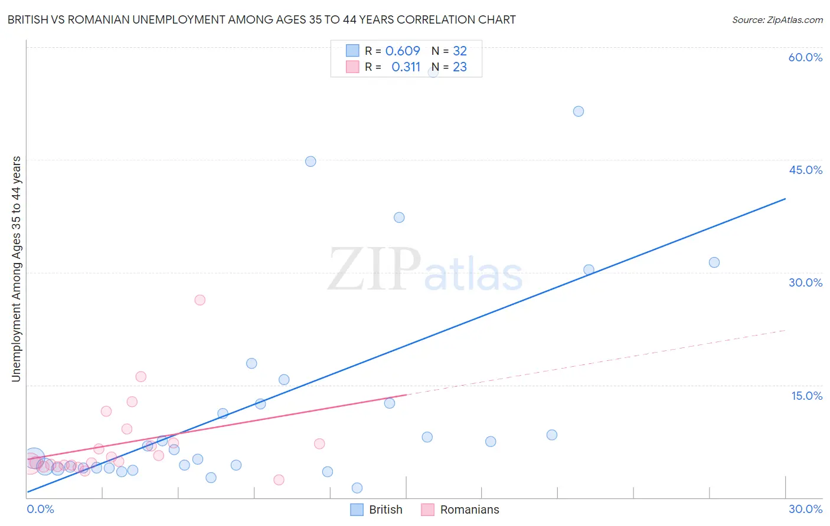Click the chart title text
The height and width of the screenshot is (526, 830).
262,19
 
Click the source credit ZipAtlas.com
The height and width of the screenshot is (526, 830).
777,19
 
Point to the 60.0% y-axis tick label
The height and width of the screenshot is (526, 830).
805,57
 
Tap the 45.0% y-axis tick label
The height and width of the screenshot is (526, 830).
805,170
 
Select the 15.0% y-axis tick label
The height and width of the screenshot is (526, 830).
806,396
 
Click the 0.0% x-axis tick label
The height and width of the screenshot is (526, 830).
40,509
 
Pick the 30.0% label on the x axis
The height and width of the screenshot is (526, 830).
805,509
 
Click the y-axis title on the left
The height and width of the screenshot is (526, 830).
16,269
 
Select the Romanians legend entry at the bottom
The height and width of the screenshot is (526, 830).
460,509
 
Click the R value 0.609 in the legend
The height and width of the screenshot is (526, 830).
403,51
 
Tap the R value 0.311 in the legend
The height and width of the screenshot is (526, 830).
406,67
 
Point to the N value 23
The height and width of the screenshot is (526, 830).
459,67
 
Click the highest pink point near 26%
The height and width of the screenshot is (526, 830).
200,300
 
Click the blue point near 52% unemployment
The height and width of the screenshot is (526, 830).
579,111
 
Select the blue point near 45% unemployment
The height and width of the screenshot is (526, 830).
311,162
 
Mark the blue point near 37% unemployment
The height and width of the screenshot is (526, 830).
399,218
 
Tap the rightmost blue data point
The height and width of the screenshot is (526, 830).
714,262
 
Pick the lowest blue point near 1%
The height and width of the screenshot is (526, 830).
357,488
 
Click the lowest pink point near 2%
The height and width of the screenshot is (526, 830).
279,480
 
